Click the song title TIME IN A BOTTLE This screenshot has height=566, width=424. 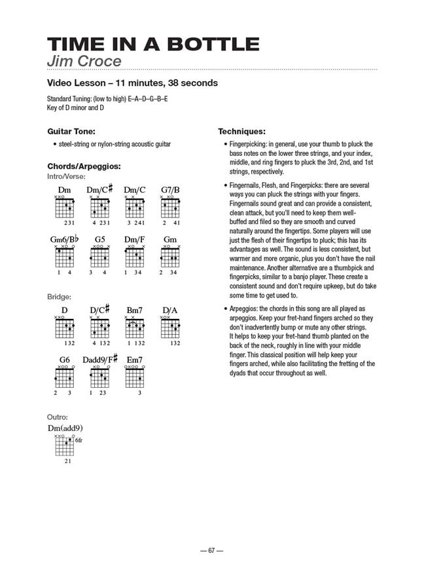click(x=153, y=45)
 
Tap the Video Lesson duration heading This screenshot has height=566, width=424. click(x=132, y=83)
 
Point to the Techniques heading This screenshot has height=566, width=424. click(x=241, y=131)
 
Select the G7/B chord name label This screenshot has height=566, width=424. click(x=170, y=190)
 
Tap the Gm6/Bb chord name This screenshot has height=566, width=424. click(x=64, y=240)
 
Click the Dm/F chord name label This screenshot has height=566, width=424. click(x=135, y=240)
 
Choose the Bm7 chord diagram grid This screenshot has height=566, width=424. click(x=135, y=329)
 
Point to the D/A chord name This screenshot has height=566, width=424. click(x=170, y=310)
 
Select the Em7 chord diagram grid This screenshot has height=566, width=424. click(x=135, y=379)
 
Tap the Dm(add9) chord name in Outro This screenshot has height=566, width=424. click(x=65, y=428)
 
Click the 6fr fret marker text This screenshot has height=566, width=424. click(x=79, y=441)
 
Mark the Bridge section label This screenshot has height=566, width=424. click(x=59, y=297)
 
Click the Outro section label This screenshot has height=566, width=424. click(x=58, y=417)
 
